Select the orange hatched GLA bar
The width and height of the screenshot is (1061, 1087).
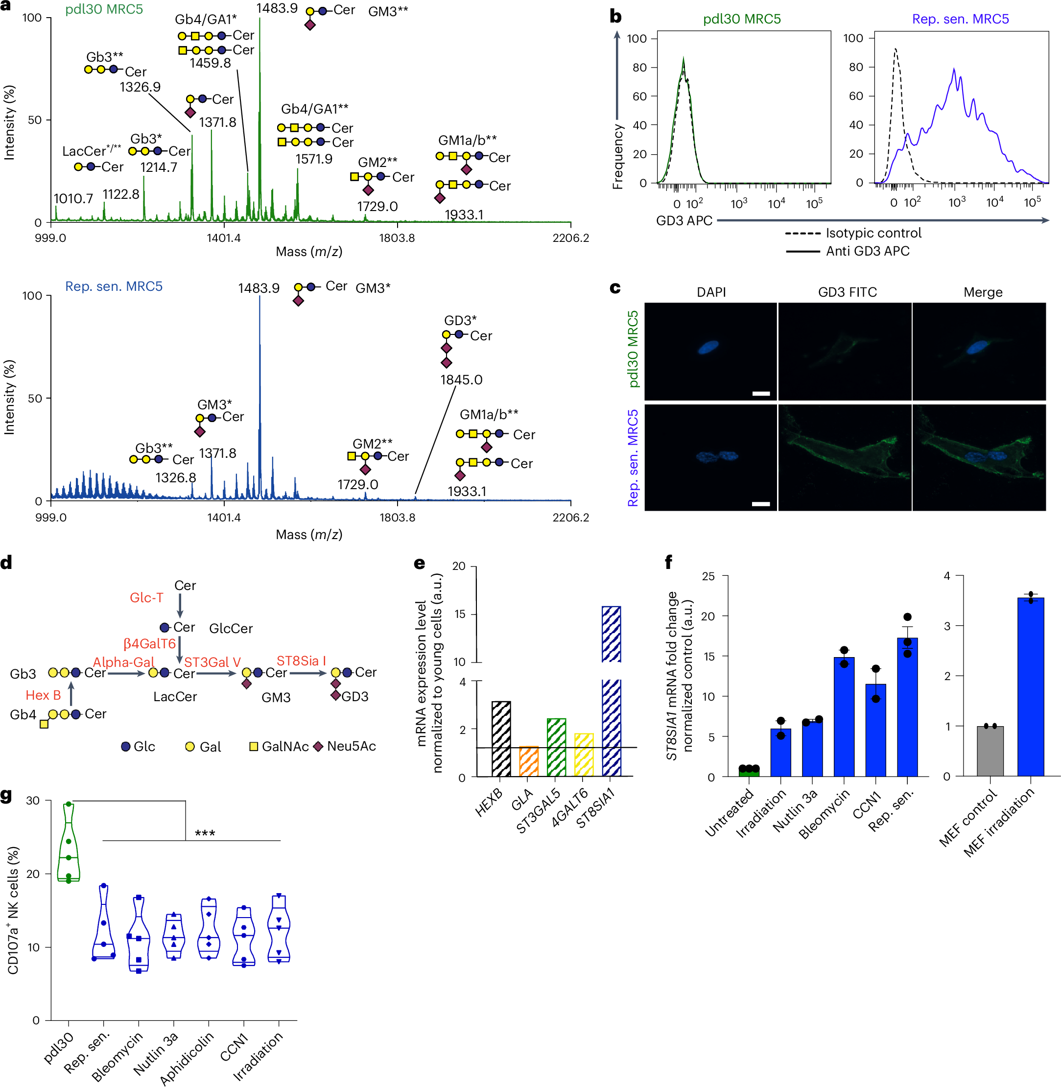click(x=528, y=761)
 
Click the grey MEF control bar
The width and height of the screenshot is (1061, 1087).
click(x=990, y=751)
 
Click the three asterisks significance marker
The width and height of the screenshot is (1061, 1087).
click(x=205, y=834)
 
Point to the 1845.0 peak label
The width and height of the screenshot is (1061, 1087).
click(x=461, y=380)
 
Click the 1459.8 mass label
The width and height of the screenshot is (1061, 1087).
click(x=210, y=63)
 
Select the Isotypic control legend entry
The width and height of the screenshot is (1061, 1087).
click(x=872, y=233)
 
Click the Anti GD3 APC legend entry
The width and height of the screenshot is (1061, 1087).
click(x=867, y=251)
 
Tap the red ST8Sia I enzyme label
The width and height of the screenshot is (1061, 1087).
click(x=301, y=661)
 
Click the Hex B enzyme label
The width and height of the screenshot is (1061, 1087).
click(x=43, y=695)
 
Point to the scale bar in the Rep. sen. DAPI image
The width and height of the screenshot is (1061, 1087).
click(x=761, y=504)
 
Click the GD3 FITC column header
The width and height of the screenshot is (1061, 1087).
click(x=847, y=292)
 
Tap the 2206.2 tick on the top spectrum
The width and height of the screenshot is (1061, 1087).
click(x=570, y=238)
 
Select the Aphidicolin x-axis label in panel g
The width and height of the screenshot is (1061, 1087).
click(x=187, y=1058)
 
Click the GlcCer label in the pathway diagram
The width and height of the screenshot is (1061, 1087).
click(x=231, y=629)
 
